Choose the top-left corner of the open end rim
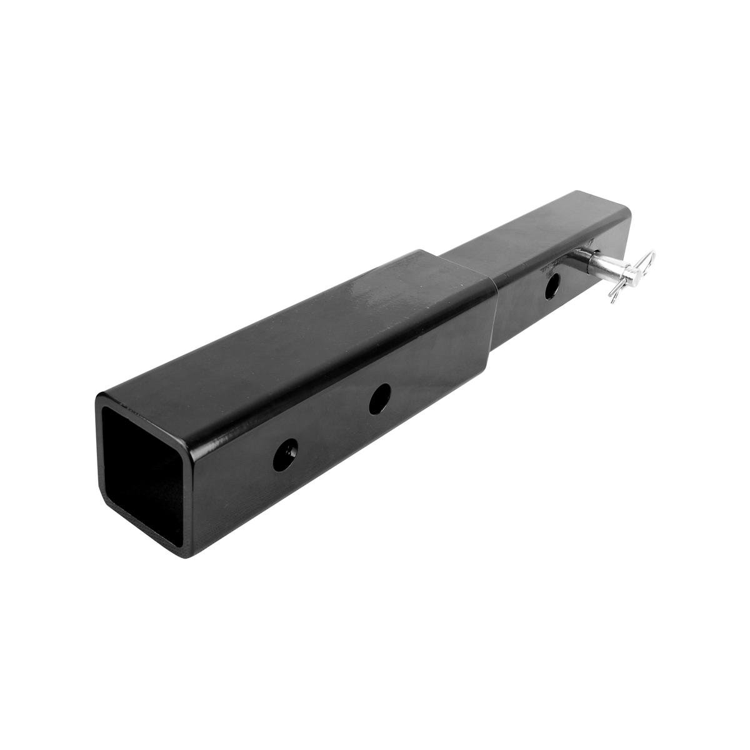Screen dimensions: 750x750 (x=100, y=397)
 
